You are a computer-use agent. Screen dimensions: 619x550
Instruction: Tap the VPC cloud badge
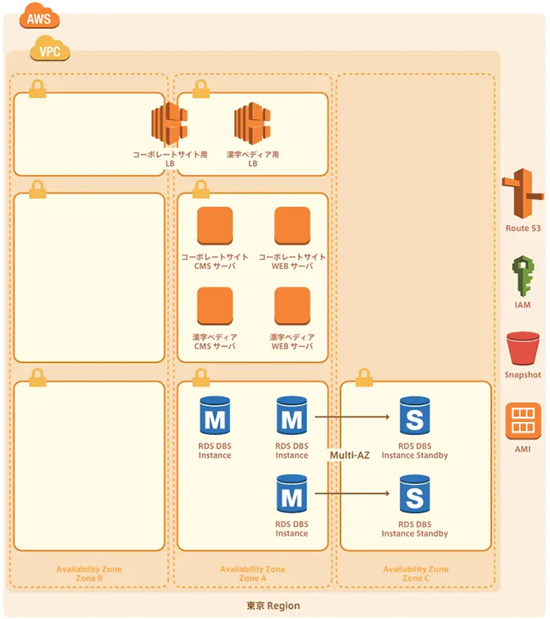pyautogui.click(x=50, y=52)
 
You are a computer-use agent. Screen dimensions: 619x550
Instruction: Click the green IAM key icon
pyautogui.click(x=522, y=276)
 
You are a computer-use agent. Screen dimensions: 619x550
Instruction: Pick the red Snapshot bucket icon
pyautogui.click(x=523, y=349)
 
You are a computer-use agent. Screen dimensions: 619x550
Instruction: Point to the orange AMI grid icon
pyautogui.click(x=523, y=421)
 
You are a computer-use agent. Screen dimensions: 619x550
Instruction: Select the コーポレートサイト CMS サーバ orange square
pyautogui.click(x=214, y=226)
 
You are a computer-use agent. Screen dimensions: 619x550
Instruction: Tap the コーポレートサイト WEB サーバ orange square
pyautogui.click(x=292, y=226)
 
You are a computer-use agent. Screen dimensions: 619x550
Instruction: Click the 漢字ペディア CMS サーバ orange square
pyautogui.click(x=214, y=306)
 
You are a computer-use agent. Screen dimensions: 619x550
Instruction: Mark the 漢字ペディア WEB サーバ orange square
pyautogui.click(x=292, y=306)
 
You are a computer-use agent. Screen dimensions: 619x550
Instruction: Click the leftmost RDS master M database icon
pyautogui.click(x=214, y=417)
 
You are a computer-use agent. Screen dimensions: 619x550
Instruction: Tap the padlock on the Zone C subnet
pyautogui.click(x=364, y=377)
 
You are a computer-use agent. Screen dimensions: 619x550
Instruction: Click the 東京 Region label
pyautogui.click(x=273, y=606)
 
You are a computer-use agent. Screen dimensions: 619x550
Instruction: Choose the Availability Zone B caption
pyautogui.click(x=89, y=574)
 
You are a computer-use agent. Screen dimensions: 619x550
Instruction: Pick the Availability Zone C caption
pyautogui.click(x=416, y=574)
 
